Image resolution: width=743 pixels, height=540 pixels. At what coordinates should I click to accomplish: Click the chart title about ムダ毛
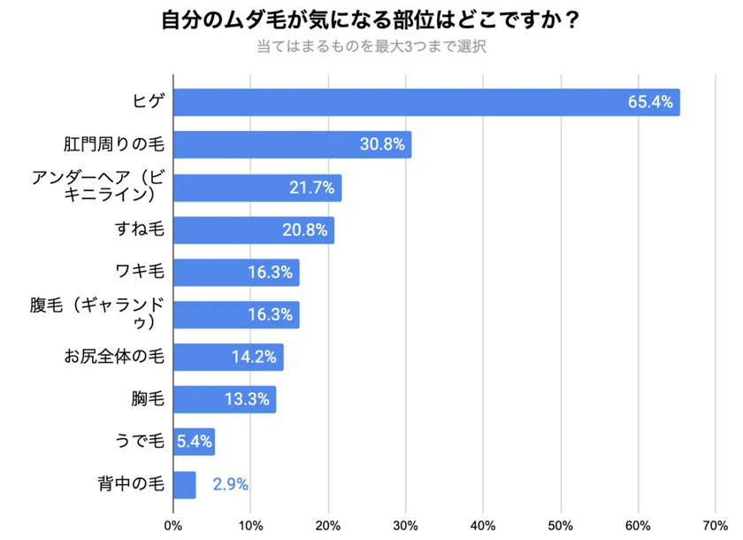coord(371,19)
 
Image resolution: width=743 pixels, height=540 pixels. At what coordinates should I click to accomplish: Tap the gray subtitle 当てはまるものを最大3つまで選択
coord(371,46)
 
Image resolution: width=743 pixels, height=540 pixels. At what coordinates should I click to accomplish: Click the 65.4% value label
coord(650,102)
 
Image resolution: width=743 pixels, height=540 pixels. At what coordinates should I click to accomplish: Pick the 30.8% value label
coord(382,144)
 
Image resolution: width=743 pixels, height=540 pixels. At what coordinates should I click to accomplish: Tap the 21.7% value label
coord(311,188)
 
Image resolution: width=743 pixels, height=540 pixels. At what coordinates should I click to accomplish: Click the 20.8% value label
coord(304,230)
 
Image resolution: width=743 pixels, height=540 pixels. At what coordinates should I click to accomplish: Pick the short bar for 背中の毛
coord(184,485)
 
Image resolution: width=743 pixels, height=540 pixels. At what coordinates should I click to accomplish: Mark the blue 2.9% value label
coord(230,485)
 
